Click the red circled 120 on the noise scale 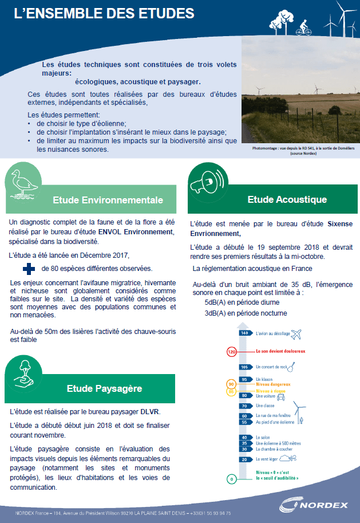tap(232, 352)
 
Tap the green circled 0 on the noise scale tap(231, 478)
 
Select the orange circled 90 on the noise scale tap(231, 384)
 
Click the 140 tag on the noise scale tap(244, 333)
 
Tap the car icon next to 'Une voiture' tap(281, 396)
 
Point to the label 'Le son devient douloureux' tap(280, 351)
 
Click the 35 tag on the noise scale tap(244, 443)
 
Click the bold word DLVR tap(151, 411)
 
